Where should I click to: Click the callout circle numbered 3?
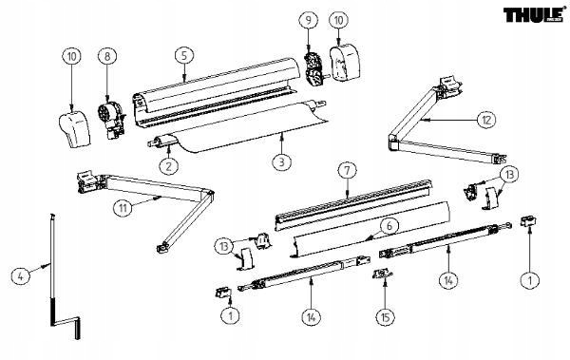click(280, 162)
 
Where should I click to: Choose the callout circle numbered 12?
click(485, 121)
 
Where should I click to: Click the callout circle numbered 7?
click(348, 172)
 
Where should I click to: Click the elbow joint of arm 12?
click(393, 143)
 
